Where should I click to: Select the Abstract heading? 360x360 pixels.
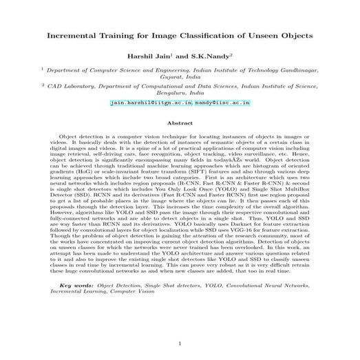point(180,123)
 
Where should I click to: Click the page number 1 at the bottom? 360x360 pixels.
point(180,343)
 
